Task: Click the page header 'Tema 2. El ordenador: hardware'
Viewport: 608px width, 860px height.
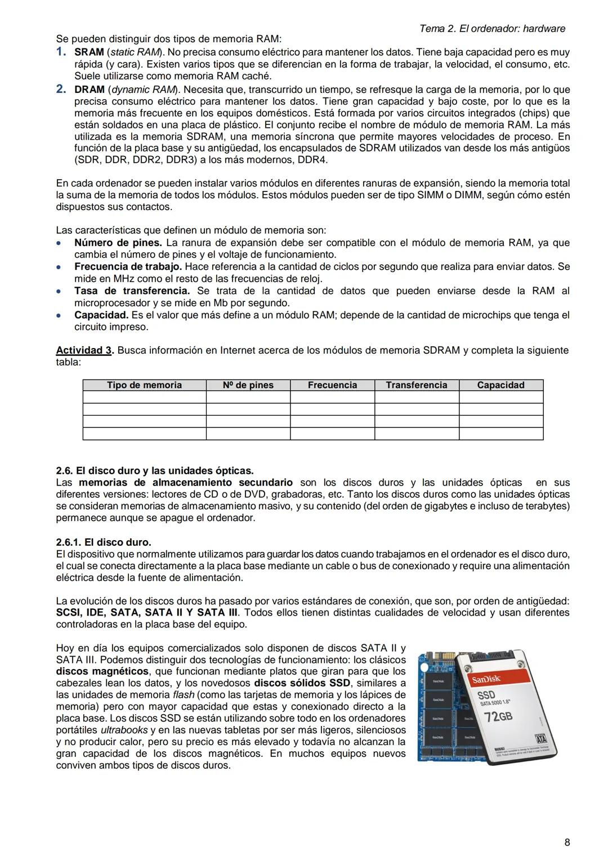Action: (492, 29)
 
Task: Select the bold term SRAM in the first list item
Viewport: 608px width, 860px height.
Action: (89, 52)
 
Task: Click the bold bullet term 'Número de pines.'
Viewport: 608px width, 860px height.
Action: (118, 243)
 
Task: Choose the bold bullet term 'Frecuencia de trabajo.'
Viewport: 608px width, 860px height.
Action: (128, 266)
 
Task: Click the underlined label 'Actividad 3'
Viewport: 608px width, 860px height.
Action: (84, 350)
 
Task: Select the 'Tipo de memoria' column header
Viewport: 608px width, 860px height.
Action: (144, 385)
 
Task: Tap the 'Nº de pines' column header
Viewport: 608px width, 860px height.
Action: (248, 385)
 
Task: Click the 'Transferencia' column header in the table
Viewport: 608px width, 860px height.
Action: (416, 385)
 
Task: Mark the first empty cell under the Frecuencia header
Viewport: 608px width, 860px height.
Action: (332, 398)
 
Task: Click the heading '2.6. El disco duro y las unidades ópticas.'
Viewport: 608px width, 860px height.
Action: (155, 470)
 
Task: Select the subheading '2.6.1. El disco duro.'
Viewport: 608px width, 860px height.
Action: (104, 542)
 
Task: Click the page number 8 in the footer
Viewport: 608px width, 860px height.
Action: (567, 843)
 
